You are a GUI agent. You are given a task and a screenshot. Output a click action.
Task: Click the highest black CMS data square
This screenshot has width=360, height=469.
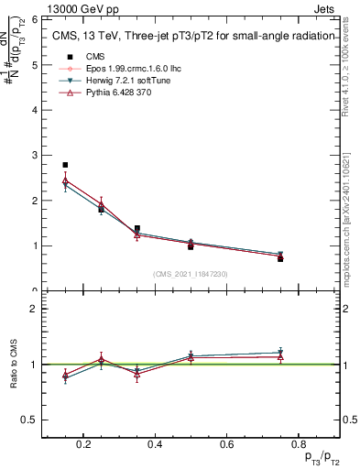[65, 165]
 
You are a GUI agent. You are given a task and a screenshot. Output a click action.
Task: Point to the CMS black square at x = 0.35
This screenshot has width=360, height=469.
[136, 228]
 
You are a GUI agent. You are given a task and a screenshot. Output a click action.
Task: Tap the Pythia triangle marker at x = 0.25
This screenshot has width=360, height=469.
[101, 204]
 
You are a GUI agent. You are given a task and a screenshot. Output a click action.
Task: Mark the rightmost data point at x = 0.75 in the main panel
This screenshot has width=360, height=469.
[280, 257]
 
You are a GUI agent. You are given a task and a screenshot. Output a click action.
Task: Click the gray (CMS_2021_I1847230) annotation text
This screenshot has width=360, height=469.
[191, 274]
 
